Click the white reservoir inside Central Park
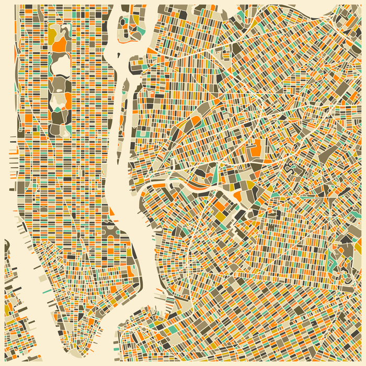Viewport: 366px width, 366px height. pyautogui.click(x=61, y=65)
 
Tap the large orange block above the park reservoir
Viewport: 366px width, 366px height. pyautogui.click(x=60, y=44)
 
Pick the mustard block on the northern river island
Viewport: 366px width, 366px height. pyautogui.click(x=135, y=19)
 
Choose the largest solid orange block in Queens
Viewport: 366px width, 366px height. pyautogui.click(x=257, y=148)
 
